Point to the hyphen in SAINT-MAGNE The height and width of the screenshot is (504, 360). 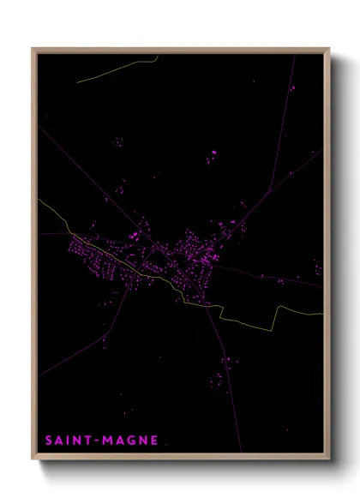tap(97, 441)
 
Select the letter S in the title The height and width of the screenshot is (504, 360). tap(50, 441)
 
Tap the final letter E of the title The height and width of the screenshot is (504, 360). tap(154, 441)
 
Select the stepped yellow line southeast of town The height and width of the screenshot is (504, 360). tap(257, 319)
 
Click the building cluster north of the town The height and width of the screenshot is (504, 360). tap(212, 157)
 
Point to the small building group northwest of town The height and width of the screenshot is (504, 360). tap(118, 141)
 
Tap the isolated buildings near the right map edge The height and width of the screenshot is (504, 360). tap(317, 267)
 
